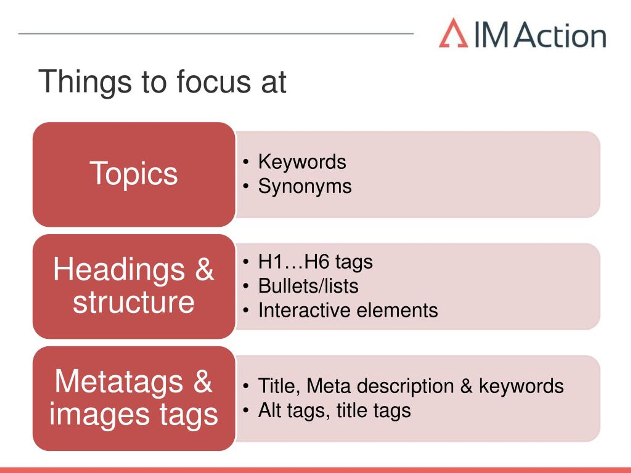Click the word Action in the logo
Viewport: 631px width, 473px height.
[561, 35]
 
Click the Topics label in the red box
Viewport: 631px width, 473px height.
[134, 174]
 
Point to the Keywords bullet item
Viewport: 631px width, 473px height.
[302, 162]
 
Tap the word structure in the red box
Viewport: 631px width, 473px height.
[134, 302]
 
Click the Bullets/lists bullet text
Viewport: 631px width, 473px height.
[308, 286]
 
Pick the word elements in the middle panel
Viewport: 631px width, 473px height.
[397, 310]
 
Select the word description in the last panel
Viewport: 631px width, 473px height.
[405, 387]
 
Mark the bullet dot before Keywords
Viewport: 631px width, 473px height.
[245, 162]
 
